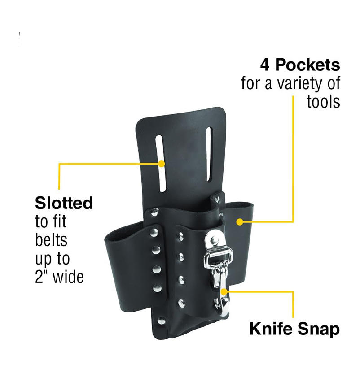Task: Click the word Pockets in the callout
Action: click(x=307, y=65)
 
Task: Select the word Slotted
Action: click(x=64, y=203)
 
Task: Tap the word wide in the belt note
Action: click(x=68, y=277)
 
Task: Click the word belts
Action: click(x=51, y=240)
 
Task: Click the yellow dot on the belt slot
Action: click(x=161, y=164)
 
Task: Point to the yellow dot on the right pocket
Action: click(x=240, y=221)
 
